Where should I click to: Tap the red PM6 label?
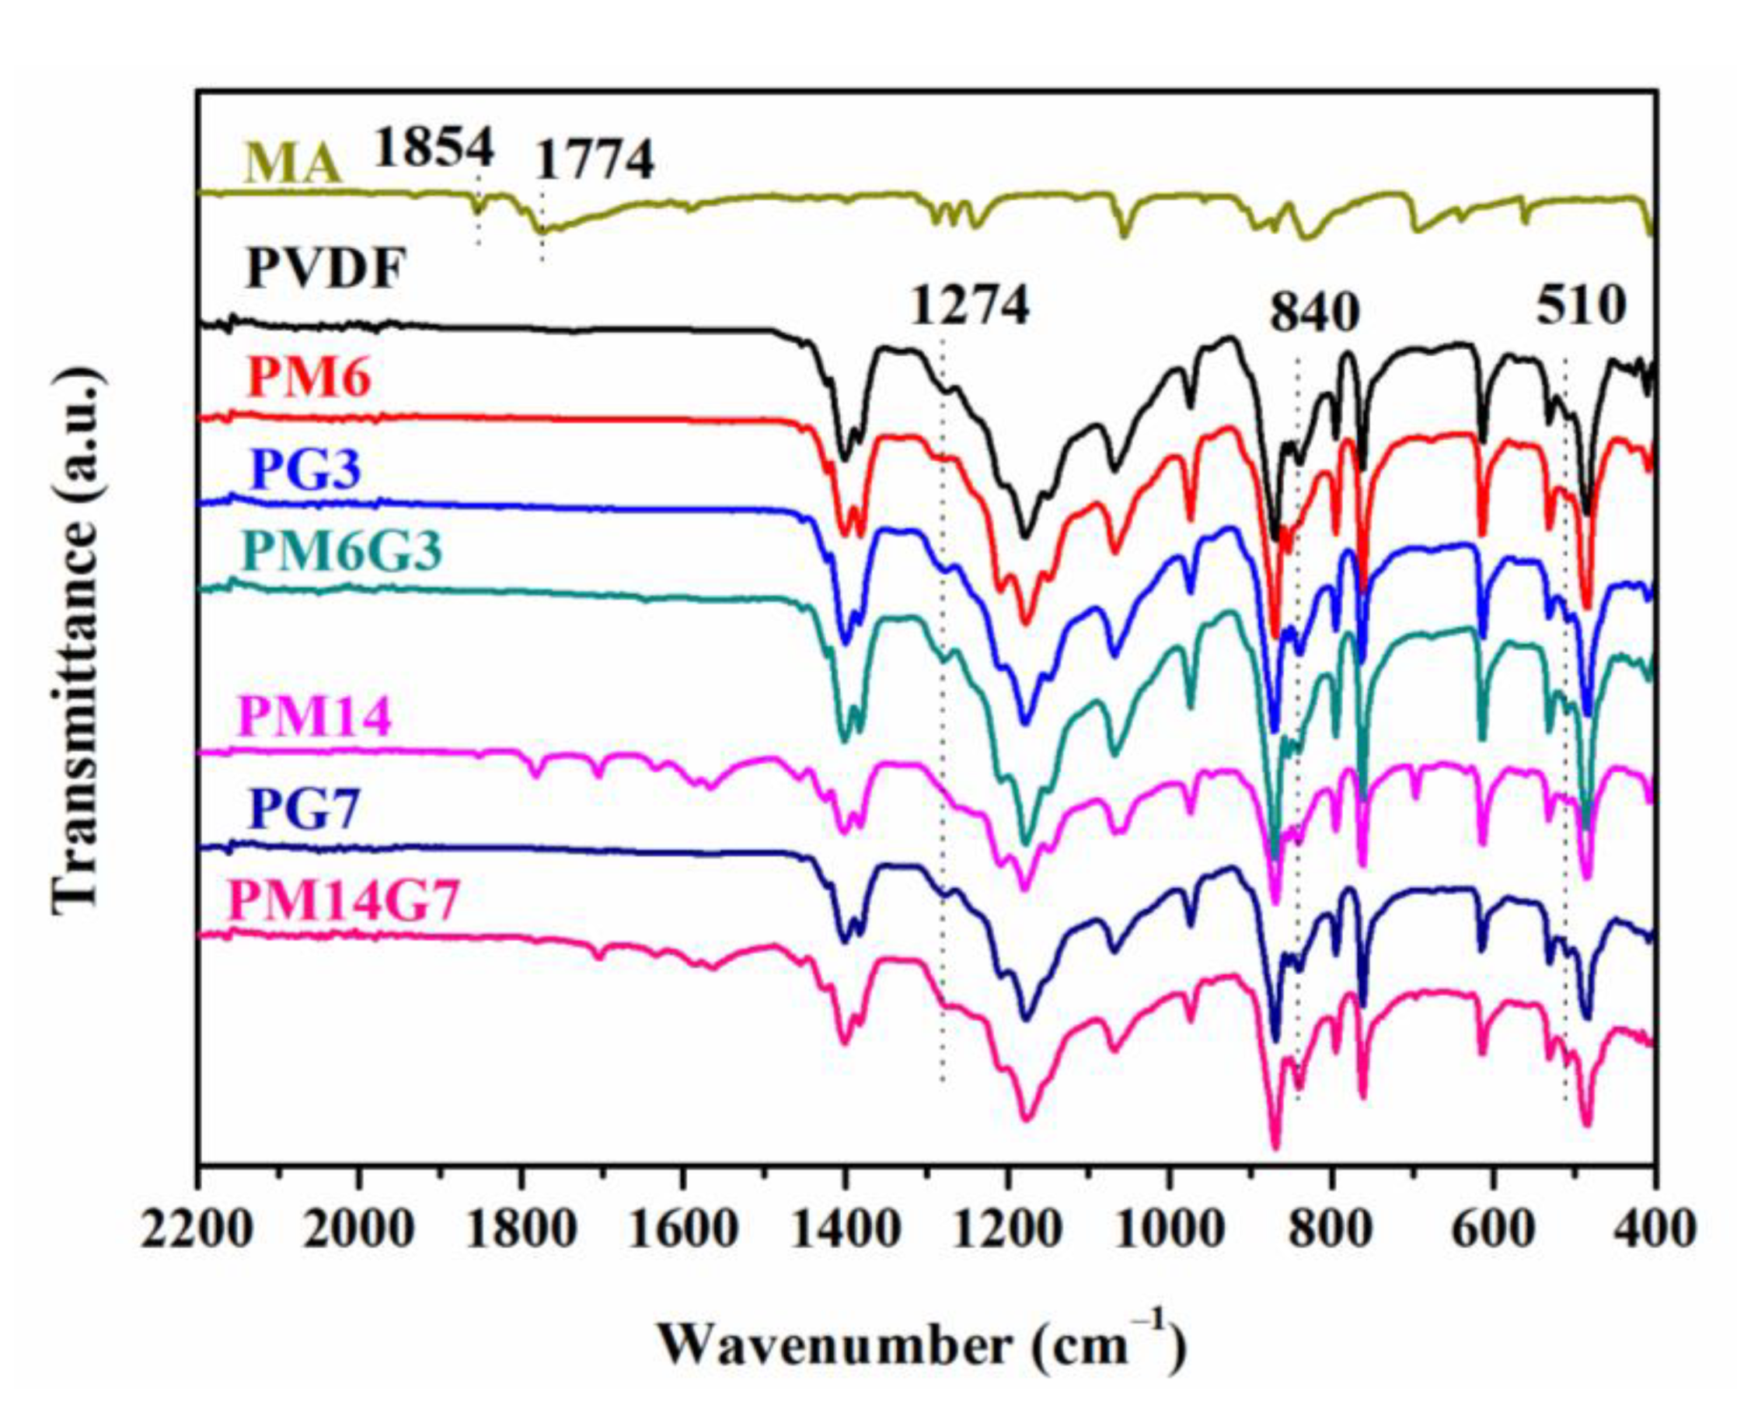coord(308,378)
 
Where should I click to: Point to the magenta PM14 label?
coord(316,718)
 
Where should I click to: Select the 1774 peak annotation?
coord(595,161)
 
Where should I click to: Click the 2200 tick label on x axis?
coord(197,1229)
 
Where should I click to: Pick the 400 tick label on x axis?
coord(1651,1229)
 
